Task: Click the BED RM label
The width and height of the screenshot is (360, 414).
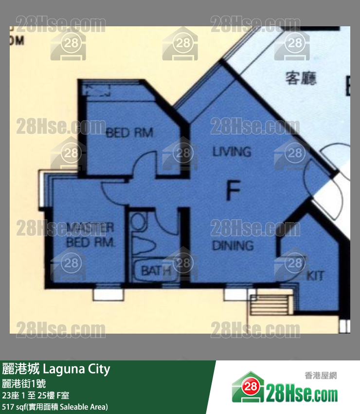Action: pyautogui.click(x=129, y=132)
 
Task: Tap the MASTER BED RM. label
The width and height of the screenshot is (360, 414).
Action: pyautogui.click(x=90, y=235)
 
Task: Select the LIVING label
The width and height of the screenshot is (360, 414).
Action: pyautogui.click(x=232, y=151)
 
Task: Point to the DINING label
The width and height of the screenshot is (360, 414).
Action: pyautogui.click(x=233, y=245)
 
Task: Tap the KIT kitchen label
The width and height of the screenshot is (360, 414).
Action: pyautogui.click(x=315, y=276)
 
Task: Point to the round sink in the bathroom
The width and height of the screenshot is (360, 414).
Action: pyautogui.click(x=139, y=222)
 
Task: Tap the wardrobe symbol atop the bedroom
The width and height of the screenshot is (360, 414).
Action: pyautogui.click(x=97, y=89)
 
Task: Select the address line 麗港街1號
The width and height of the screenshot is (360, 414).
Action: pyautogui.click(x=24, y=383)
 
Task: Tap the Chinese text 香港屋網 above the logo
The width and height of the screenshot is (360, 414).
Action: pyautogui.click(x=321, y=376)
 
